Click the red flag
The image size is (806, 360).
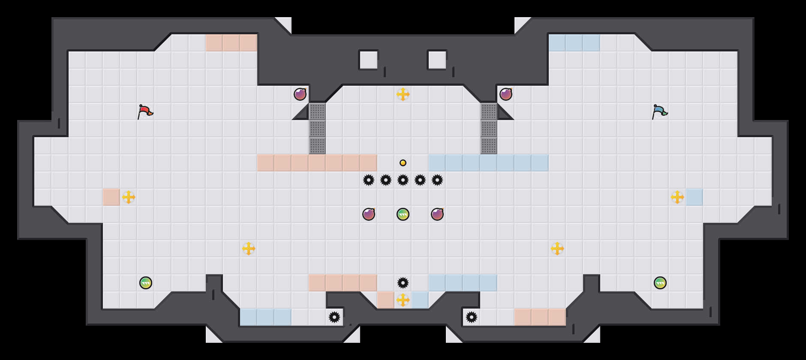145,111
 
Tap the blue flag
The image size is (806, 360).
659,111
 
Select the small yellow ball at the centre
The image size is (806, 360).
403,163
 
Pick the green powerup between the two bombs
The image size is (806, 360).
403,214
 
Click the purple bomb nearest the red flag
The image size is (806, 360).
300,94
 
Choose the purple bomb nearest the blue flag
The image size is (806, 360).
506,94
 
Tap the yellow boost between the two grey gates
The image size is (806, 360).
403,94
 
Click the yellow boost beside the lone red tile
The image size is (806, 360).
129,197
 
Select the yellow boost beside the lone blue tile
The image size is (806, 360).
677,197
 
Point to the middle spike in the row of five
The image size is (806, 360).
403,180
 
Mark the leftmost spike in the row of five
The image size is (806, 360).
369,180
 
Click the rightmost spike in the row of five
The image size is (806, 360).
437,180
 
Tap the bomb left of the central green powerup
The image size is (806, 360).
369,214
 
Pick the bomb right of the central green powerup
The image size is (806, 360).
437,214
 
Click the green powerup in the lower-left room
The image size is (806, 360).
146,283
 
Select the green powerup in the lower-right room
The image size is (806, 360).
660,283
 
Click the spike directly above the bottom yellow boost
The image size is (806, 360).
403,283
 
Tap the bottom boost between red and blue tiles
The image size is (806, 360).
403,300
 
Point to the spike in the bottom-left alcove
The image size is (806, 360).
334,317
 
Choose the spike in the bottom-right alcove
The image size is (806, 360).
472,317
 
